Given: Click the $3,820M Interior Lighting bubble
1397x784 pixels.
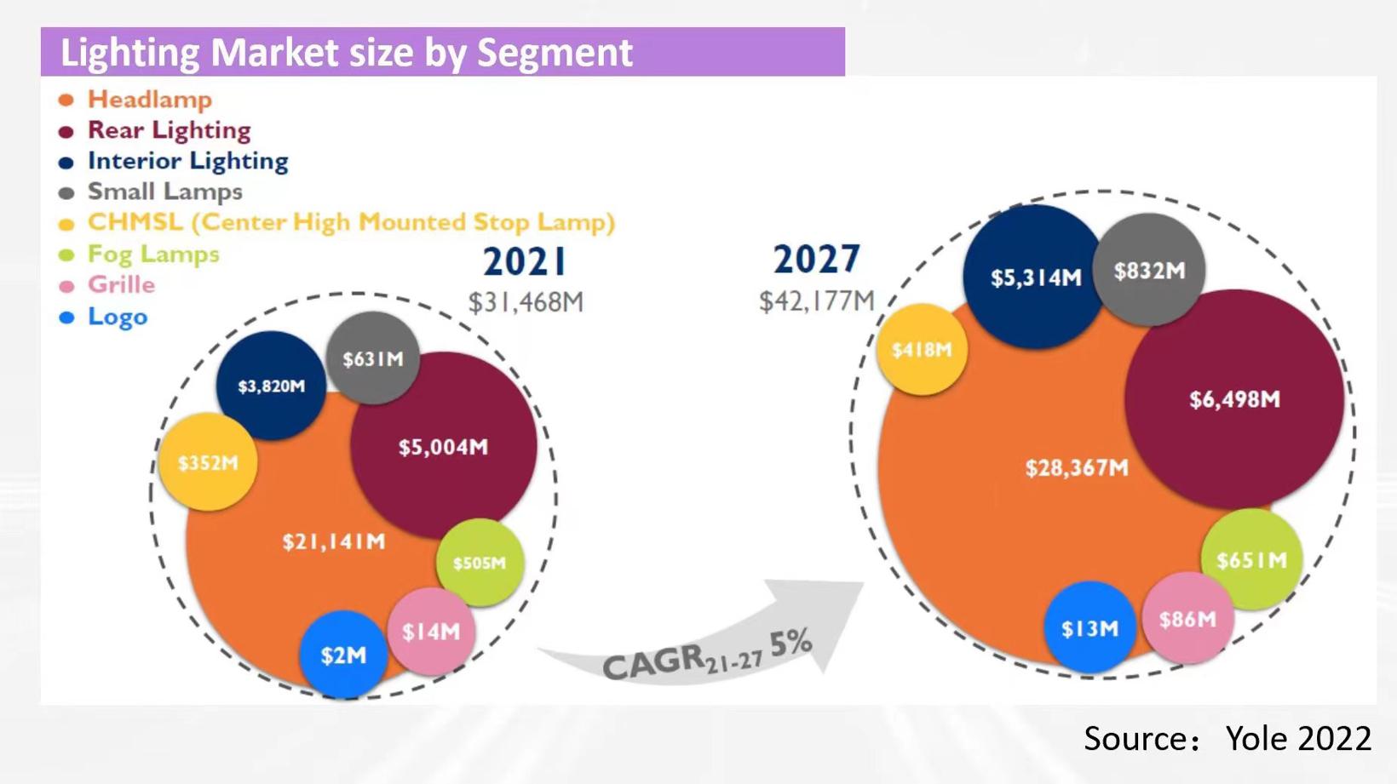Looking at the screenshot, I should [271, 386].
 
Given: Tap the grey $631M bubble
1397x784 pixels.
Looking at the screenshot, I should [373, 358].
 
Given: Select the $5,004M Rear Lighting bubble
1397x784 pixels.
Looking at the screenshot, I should [444, 446].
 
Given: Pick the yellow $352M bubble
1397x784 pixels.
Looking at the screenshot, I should [208, 462].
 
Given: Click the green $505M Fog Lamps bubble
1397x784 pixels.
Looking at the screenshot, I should [480, 563].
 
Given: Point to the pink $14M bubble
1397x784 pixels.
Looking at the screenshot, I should [431, 631].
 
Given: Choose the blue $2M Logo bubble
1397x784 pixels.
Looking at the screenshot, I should [343, 655].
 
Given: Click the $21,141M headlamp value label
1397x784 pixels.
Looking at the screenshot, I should [334, 541].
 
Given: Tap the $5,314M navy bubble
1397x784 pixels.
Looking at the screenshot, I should [1035, 278].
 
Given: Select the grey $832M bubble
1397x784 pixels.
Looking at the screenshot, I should [1149, 271].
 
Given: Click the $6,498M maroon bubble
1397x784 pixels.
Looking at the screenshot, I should [1234, 399].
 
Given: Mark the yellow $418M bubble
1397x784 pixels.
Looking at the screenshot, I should [922, 350].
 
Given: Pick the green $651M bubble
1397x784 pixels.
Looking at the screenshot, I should [1251, 559].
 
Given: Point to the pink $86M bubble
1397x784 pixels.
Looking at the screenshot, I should [1187, 619].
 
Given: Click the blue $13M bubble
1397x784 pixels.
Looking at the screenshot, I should [1089, 628].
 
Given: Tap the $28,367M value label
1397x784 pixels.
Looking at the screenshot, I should [1077, 467].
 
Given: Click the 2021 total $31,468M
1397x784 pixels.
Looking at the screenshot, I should [526, 302].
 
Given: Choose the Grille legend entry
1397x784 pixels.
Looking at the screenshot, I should [121, 285].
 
